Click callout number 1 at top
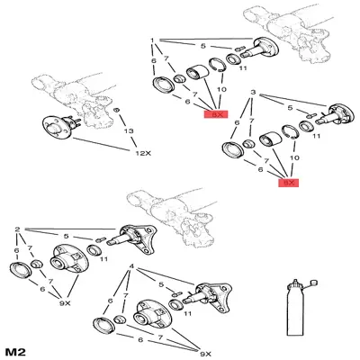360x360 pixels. (x=154, y=41)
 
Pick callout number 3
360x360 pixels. (x=254, y=93)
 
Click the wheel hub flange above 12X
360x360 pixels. (x=58, y=127)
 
